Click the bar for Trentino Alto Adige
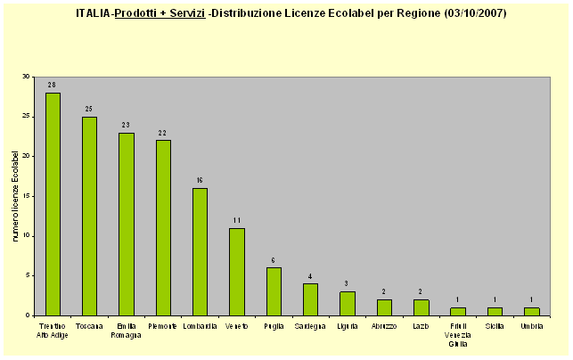click(53, 204)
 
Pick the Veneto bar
click(236, 272)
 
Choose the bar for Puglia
click(274, 291)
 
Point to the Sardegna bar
click(310, 299)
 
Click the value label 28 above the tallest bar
click(53, 85)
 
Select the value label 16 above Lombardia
click(200, 180)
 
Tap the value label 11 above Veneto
click(236, 220)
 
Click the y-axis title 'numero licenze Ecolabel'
click(15, 196)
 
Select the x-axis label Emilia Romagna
click(127, 331)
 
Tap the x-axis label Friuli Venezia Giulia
click(457, 336)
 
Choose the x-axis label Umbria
click(531, 327)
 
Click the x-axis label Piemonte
click(163, 327)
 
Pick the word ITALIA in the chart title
click(94, 14)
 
